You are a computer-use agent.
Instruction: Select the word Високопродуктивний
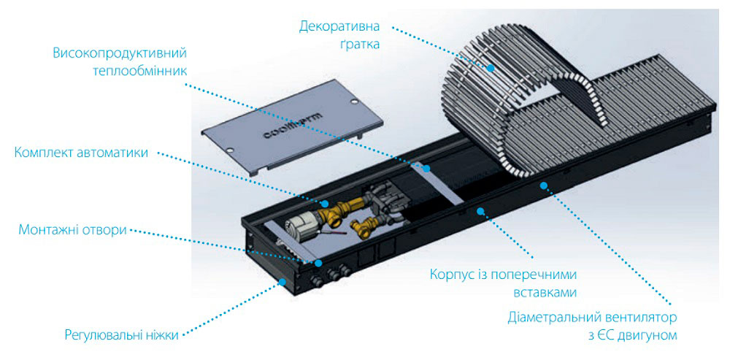tap(120, 53)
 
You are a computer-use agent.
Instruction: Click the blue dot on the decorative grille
tap(491, 67)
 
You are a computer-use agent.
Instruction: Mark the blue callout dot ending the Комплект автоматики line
tap(326, 204)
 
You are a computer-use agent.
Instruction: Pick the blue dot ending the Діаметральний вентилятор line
tap(542, 185)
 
